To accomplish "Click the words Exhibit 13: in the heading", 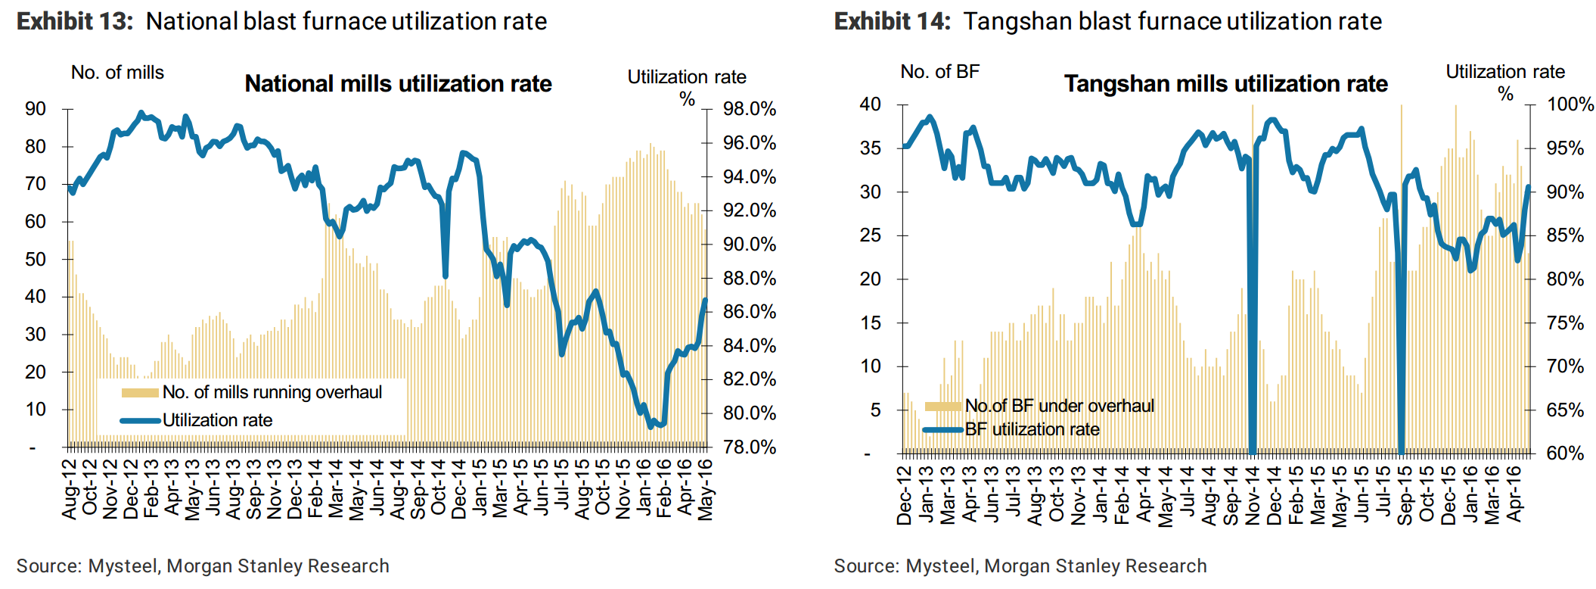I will click(75, 21).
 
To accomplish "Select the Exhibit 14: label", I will click(892, 21).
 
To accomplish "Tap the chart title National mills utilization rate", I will click(398, 83).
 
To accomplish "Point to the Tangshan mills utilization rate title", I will click(1225, 83).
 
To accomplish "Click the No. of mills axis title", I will click(117, 73).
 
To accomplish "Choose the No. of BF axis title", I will click(939, 72).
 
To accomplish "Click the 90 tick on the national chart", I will click(36, 109).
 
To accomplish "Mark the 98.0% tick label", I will click(749, 109).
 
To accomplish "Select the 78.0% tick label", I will click(749, 447).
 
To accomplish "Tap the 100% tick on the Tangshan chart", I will click(1570, 104).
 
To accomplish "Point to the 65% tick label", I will click(1565, 410).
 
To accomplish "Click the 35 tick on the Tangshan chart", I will click(870, 148).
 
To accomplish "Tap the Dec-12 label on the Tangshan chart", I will click(905, 495).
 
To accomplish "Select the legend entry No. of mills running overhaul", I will click(272, 392).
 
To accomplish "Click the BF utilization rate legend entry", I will click(1032, 429).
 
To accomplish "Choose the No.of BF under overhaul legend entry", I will click(1059, 406).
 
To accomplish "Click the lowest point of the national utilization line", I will click(651, 427).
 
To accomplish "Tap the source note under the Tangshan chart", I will click(1020, 566).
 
